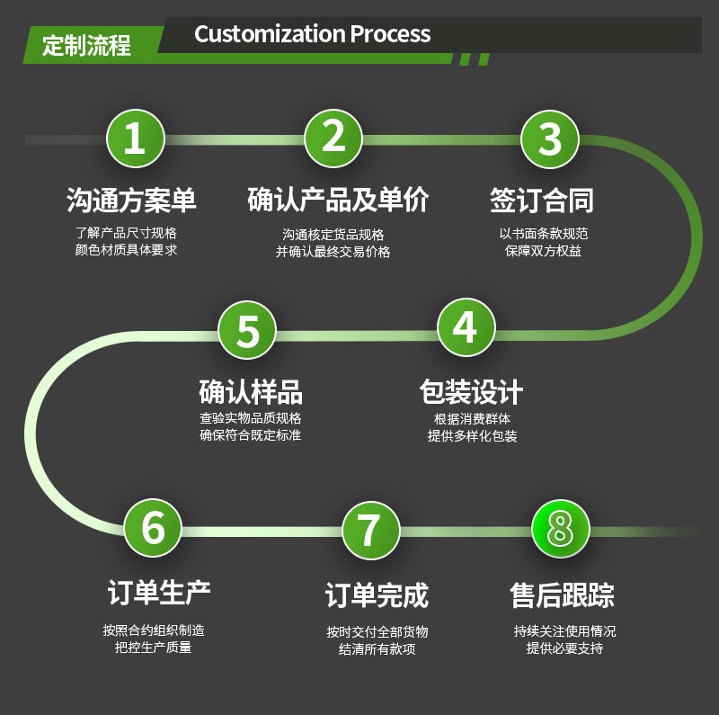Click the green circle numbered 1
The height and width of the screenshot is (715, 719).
[135, 139]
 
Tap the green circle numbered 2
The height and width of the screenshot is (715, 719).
[333, 139]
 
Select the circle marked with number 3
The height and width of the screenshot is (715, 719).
[549, 139]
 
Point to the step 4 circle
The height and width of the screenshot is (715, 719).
[465, 327]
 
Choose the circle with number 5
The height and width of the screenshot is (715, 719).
[248, 329]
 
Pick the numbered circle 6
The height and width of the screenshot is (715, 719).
[154, 527]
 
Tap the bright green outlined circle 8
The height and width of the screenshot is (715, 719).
[560, 529]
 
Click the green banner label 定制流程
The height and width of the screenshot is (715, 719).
[86, 45]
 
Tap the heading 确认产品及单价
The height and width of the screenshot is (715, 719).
[338, 200]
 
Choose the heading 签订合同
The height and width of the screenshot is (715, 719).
[542, 200]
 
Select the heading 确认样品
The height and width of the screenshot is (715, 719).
[251, 392]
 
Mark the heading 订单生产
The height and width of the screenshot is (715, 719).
[159, 593]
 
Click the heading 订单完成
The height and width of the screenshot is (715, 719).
[377, 595]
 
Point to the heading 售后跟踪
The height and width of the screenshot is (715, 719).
[563, 595]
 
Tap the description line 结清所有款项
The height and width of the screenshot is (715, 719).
[377, 649]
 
